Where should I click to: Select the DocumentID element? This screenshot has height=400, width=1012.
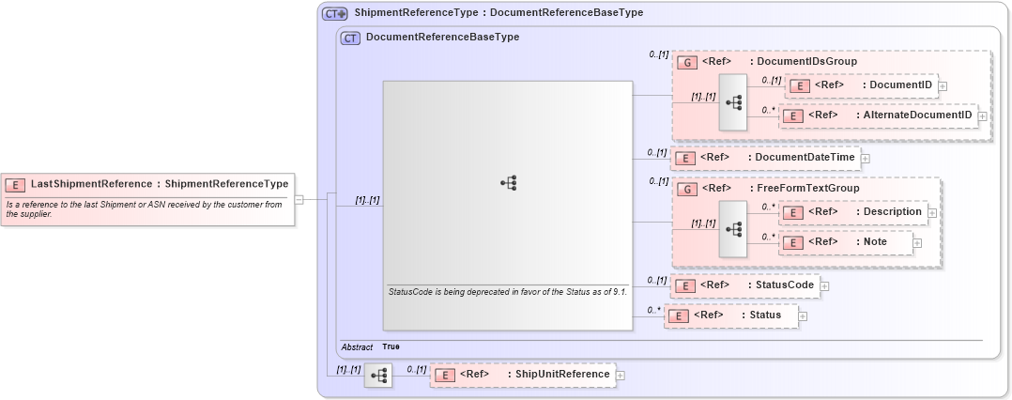[862, 85]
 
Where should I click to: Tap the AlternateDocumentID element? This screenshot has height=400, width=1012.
[879, 115]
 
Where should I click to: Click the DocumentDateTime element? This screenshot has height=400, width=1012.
[764, 158]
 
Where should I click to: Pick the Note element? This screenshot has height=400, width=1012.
[846, 242]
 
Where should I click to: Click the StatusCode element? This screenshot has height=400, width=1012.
[744, 285]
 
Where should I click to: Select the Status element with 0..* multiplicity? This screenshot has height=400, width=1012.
[731, 315]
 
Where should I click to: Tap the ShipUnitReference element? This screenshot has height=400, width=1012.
[522, 375]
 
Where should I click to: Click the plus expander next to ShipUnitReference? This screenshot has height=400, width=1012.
[621, 376]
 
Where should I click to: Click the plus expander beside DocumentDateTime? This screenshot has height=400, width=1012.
[866, 158]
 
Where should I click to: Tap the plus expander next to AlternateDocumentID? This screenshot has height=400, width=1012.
[983, 116]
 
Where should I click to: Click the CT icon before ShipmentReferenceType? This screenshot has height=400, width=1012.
[335, 14]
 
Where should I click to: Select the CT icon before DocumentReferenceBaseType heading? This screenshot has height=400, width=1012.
[350, 38]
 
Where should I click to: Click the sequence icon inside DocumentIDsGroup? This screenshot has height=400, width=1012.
[732, 101]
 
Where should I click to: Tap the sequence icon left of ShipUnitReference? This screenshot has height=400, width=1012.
[378, 376]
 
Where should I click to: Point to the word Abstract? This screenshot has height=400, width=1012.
[357, 347]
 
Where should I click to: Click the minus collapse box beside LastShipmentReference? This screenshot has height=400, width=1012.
[299, 199]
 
